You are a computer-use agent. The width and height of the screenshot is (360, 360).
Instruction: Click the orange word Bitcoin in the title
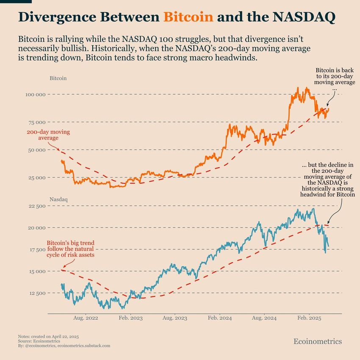[x=188, y=17]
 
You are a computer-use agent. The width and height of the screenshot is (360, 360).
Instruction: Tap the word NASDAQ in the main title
[x=304, y=17]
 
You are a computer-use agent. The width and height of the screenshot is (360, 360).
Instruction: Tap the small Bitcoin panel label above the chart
[x=58, y=78]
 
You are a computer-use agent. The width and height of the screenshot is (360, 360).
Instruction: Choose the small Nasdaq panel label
[x=58, y=199]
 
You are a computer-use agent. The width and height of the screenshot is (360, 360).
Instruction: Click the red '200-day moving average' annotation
[x=48, y=135]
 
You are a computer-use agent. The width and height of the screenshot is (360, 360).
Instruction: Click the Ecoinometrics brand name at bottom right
[x=318, y=341]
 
